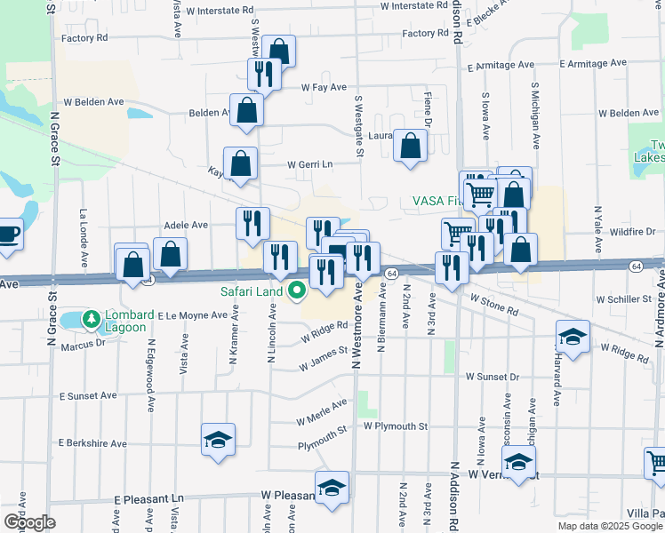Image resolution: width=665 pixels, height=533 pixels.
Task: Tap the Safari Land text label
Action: pyautogui.click(x=252, y=291)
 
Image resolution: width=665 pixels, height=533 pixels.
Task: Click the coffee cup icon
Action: pyautogui.click(x=8, y=235)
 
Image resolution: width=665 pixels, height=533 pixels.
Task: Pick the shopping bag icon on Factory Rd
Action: pyautogui.click(x=279, y=52)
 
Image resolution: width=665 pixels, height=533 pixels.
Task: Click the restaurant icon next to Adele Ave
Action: pyautogui.click(x=252, y=222)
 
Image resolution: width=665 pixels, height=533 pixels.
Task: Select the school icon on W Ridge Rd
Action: pyautogui.click(x=573, y=337)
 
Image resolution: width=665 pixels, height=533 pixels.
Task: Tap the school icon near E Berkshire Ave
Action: pyautogui.click(x=218, y=439)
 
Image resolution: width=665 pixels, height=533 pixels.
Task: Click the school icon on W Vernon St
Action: pyautogui.click(x=518, y=462)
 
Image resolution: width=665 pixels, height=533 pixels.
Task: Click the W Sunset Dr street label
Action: pyautogui.click(x=489, y=377)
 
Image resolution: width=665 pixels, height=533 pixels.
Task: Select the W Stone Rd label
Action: pyautogui.click(x=494, y=306)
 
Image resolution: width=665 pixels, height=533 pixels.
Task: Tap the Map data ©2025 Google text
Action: pyautogui.click(x=610, y=526)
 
